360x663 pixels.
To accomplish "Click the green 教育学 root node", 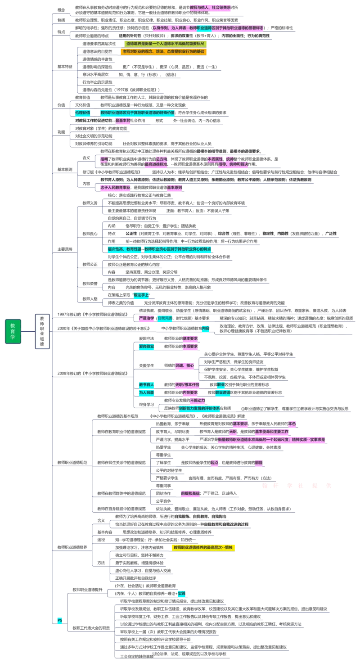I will click(x=13, y=331).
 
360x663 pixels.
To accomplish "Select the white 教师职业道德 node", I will click(x=42, y=331).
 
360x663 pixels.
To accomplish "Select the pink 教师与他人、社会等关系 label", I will click(x=210, y=8).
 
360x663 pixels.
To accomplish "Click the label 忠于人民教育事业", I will click(x=116, y=187).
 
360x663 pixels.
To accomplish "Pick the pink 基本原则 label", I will click(x=175, y=187).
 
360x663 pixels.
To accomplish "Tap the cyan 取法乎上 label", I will click(x=141, y=295).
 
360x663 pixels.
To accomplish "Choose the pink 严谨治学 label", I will click(x=147, y=318).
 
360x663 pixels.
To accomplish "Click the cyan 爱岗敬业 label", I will click(x=147, y=347).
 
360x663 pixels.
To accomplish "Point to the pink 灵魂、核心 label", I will click(x=185, y=365).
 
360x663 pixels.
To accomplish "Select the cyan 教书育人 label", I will click(x=147, y=385).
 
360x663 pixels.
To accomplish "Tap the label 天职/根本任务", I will click(x=188, y=385).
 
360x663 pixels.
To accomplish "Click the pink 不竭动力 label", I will click(x=197, y=400).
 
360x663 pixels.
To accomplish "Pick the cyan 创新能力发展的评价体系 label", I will click(x=199, y=408).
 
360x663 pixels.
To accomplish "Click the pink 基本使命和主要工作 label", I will click(x=272, y=432).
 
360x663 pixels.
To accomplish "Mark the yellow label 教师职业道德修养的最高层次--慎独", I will click(x=204, y=547).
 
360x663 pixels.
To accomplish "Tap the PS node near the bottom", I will click(x=59, y=620).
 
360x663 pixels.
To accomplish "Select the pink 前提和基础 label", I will click(x=190, y=493).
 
